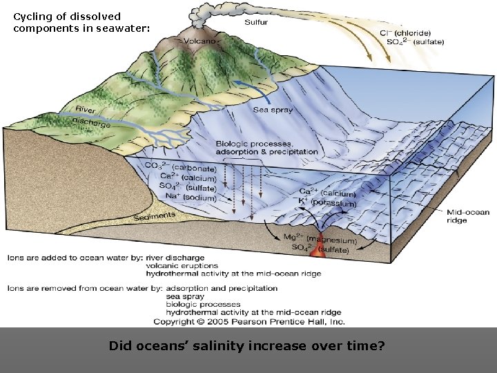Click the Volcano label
(202, 41)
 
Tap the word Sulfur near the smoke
(255, 22)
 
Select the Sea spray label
(273, 109)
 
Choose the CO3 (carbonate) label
(182, 167)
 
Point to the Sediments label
(155, 217)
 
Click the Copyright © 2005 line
(249, 321)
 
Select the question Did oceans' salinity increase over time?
(247, 346)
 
